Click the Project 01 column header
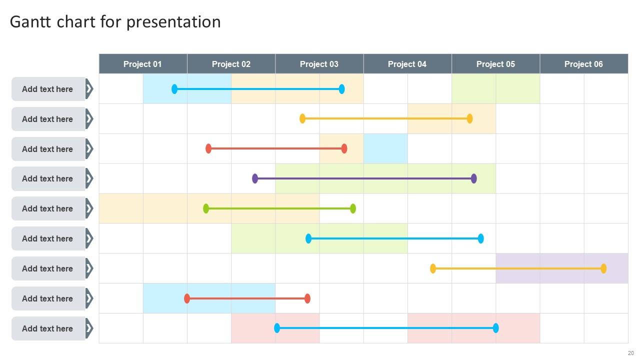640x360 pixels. (x=142, y=64)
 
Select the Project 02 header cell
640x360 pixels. (x=231, y=64)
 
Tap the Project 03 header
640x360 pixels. (x=319, y=64)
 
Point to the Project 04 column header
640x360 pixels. (x=407, y=64)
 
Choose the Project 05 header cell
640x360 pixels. (x=495, y=64)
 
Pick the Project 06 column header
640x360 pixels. (x=583, y=64)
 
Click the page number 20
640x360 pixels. (x=631, y=353)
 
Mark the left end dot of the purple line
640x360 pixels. (x=255, y=178)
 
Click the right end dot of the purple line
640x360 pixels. (x=474, y=178)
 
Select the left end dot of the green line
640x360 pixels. (x=206, y=208)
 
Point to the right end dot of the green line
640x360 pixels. (x=353, y=208)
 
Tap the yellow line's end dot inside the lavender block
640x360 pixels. (x=603, y=268)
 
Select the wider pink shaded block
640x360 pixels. (x=473, y=328)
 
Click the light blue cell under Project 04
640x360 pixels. (x=385, y=148)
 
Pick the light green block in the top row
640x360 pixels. (x=495, y=88)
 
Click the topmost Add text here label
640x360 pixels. (x=47, y=89)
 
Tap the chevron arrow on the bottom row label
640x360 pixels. (x=89, y=328)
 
